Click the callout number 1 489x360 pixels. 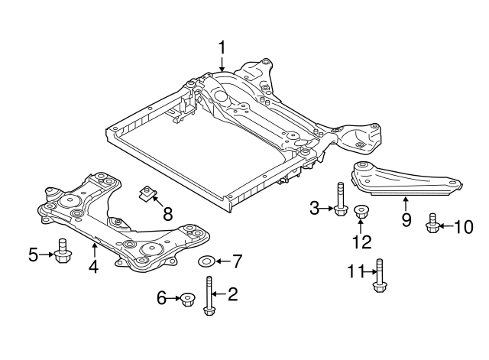click(222, 48)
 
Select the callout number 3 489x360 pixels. click(313, 206)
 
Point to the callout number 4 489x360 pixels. click(94, 268)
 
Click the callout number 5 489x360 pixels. click(33, 255)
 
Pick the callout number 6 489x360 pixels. click(162, 298)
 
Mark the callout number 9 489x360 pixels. click(406, 222)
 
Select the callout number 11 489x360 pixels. click(354, 271)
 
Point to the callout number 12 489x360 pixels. click(361, 242)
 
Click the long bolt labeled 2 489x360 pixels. click(208, 295)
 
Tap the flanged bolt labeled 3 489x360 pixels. click(338, 201)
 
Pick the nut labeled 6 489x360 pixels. click(186, 299)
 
